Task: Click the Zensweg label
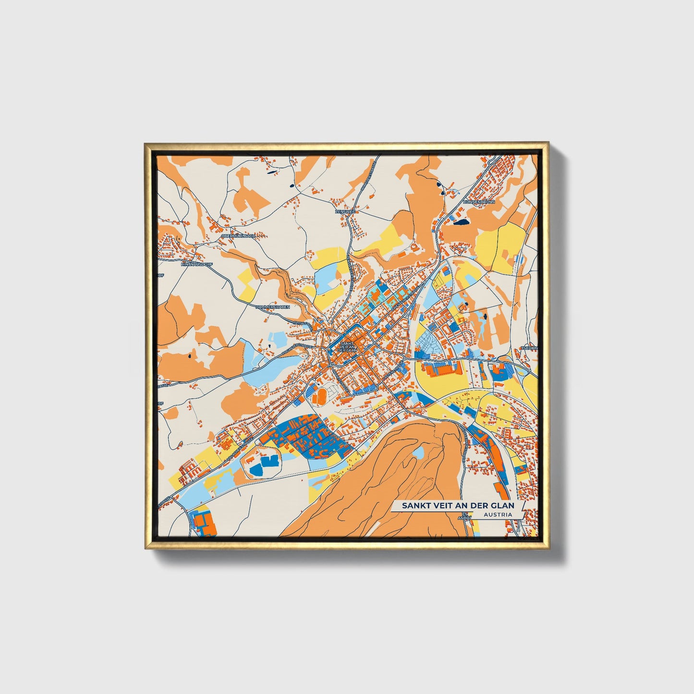click(x=344, y=211)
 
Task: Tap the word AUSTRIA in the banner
click(x=498, y=514)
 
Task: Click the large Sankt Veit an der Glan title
click(x=458, y=505)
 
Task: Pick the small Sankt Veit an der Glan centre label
click(x=347, y=347)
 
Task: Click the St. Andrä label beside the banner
click(x=464, y=518)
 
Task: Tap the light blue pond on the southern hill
click(x=418, y=452)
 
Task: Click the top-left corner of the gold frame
click(x=146, y=144)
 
